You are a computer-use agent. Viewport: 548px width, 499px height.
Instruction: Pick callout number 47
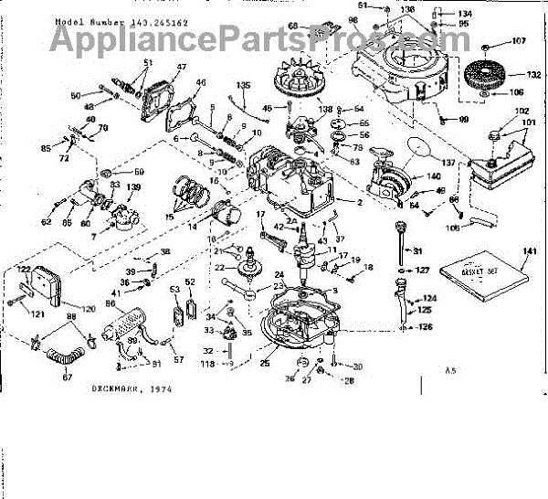click(x=181, y=67)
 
